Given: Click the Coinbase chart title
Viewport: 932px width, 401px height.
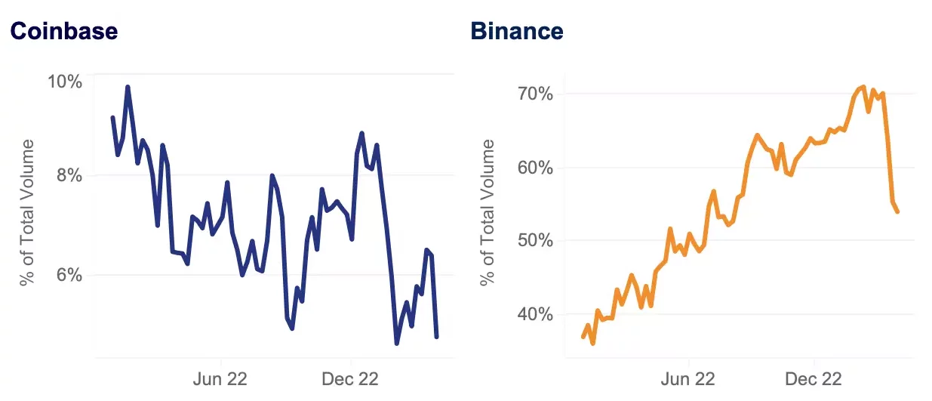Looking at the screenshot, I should tap(63, 31).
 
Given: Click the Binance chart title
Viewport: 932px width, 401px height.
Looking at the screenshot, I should tap(517, 31).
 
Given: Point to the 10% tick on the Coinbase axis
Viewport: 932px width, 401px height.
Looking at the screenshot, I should tap(65, 82).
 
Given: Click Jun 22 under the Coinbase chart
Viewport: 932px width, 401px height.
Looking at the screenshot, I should tap(221, 378).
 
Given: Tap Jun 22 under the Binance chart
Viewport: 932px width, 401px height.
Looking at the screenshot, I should tap(689, 378).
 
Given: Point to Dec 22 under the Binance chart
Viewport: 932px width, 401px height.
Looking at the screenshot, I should tap(814, 378).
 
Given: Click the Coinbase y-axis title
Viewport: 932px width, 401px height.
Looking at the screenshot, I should tap(28, 212).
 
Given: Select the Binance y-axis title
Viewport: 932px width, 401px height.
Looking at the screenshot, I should tap(488, 212).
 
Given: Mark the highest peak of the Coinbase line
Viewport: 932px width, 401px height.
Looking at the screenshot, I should tap(128, 88).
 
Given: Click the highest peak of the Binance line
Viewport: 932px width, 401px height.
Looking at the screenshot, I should tap(863, 87).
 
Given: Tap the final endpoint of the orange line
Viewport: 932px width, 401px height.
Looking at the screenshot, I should tap(897, 211).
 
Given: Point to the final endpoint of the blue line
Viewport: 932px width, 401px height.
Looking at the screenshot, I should tap(436, 336).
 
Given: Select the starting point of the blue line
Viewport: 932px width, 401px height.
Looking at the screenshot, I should tap(112, 118).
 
